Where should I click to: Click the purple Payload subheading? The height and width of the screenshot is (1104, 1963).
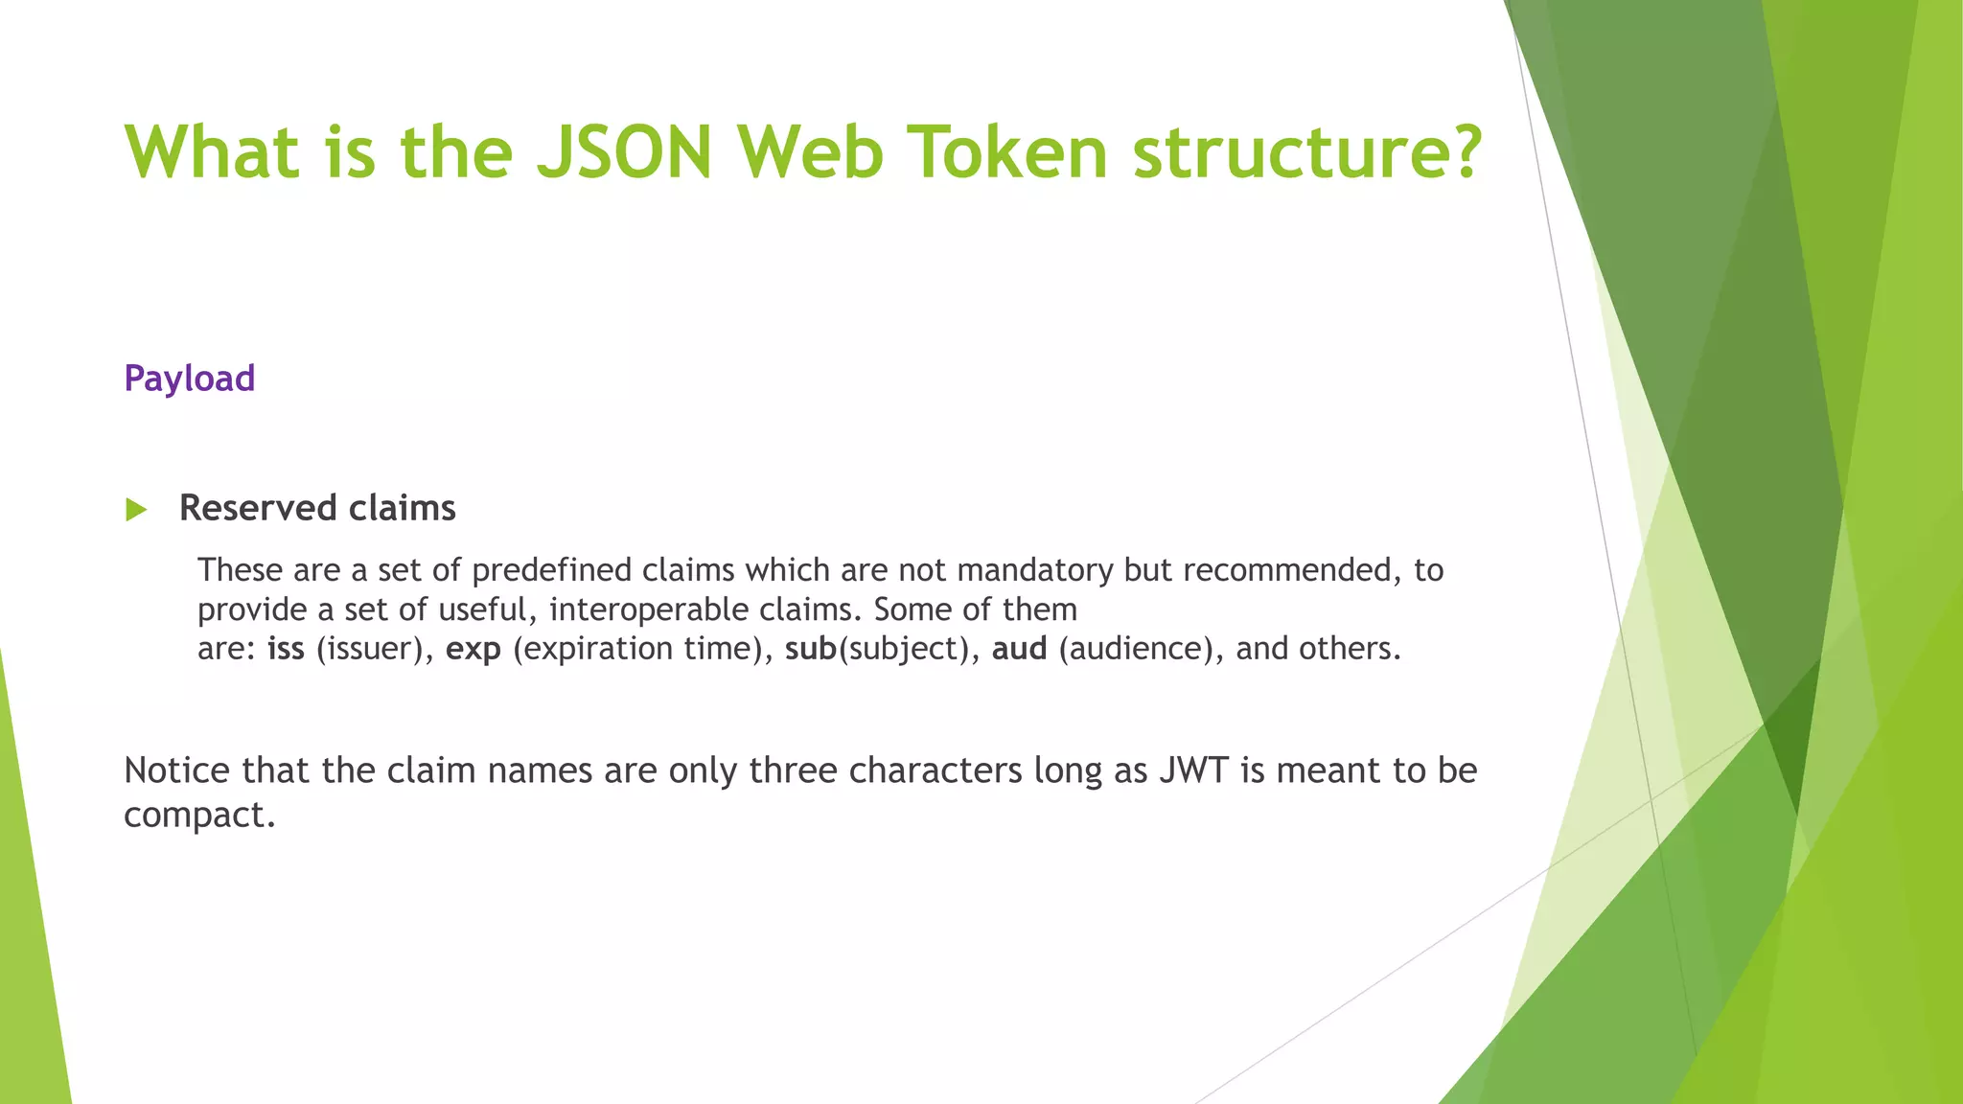click(x=190, y=379)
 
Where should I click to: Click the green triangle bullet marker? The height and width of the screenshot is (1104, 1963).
click(x=136, y=510)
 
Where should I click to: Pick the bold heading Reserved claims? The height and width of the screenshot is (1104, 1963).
click(x=317, y=508)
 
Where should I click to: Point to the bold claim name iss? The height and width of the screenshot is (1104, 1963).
click(x=286, y=649)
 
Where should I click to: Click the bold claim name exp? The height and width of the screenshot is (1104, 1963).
click(x=473, y=650)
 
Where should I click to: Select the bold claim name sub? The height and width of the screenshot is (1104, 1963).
click(x=811, y=649)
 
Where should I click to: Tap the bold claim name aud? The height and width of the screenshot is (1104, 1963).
click(x=1019, y=649)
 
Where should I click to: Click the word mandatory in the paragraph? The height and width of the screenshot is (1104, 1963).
click(x=1035, y=570)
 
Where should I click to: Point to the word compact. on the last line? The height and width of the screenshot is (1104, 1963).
click(x=199, y=816)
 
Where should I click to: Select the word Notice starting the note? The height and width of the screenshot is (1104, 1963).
click(x=177, y=770)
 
